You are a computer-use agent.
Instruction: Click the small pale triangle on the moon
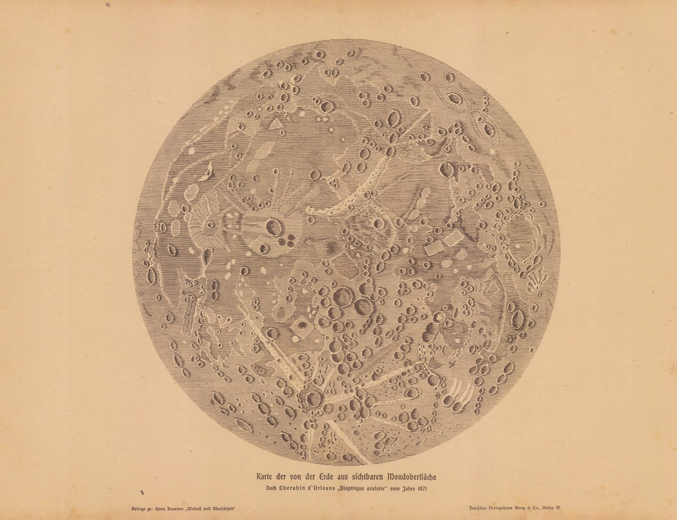click(x=275, y=124)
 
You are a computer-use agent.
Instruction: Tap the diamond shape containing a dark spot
click(x=302, y=326)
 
